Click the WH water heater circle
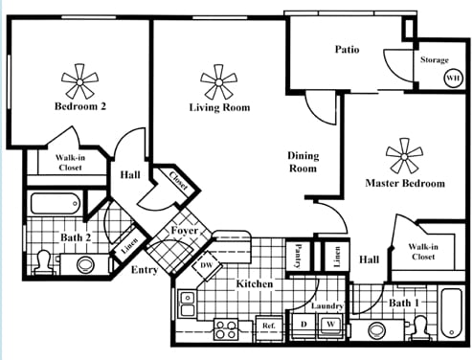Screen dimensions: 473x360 453,78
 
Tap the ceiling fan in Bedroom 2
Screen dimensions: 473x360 79,81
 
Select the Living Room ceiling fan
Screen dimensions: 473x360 218,82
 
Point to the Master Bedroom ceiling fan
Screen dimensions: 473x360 404,156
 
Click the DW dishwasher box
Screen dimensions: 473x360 207,265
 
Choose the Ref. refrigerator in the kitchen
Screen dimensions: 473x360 269,326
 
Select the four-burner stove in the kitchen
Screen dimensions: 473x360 226,329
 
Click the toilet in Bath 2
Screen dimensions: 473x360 44,263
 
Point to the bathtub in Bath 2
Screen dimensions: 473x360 55,204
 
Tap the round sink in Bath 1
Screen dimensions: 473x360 377,330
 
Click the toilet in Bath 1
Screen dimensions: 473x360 419,327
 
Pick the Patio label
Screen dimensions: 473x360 347,50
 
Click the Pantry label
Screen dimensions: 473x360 299,256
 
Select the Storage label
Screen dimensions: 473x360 435,59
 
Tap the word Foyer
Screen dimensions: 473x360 184,231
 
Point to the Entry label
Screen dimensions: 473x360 145,270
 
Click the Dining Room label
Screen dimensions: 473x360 303,162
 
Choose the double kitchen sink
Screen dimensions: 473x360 188,304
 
